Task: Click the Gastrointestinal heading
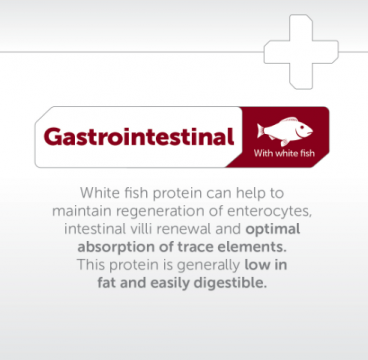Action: pos(137,136)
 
